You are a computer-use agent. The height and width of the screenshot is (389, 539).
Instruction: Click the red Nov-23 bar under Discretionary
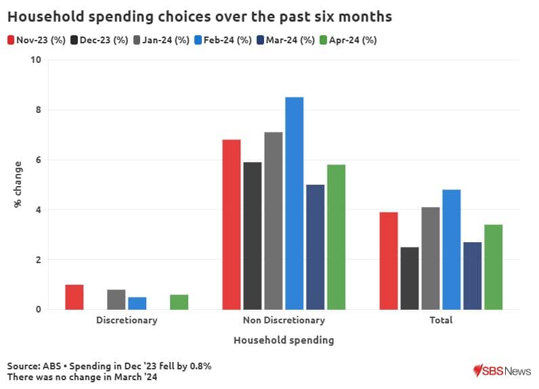coord(74,297)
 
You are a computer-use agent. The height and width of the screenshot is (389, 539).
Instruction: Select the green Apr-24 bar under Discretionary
coord(179,302)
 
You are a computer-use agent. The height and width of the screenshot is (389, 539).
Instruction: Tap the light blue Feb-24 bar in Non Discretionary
coord(295,203)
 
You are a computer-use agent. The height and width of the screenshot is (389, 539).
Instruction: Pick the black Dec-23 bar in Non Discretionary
coord(253,235)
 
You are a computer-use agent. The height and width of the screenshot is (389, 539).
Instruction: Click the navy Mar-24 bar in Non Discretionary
coord(316,247)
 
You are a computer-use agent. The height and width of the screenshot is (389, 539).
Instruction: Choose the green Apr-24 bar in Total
coord(494,267)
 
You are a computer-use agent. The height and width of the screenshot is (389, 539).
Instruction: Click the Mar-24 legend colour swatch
coord(260,40)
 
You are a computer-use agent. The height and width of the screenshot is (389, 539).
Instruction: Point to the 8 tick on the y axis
coord(38,110)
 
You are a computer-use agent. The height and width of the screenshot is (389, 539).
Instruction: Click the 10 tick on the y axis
coord(36,60)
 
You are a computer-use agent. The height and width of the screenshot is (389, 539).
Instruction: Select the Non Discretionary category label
coord(284,320)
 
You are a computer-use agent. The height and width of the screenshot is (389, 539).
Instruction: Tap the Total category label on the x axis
coord(441,320)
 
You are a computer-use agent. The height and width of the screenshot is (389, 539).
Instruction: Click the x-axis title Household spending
coord(284,340)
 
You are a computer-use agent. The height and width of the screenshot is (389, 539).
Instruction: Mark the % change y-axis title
coord(18,184)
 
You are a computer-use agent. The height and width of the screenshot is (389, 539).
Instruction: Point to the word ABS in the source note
coord(51,366)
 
